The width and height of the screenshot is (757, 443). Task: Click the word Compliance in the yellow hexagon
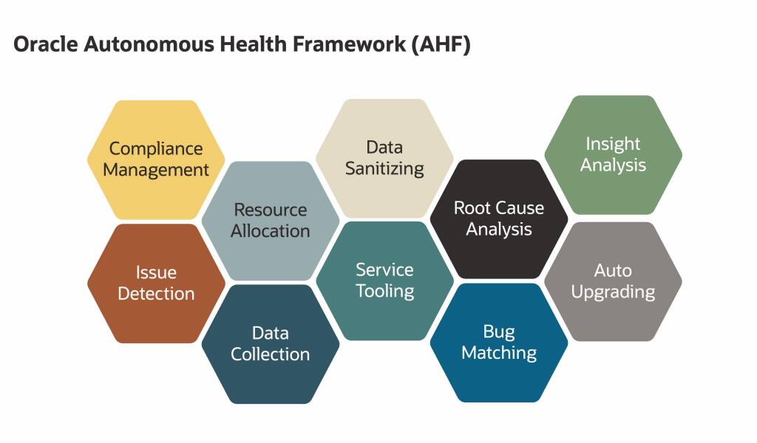[x=156, y=148]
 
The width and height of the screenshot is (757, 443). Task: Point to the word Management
[x=156, y=169]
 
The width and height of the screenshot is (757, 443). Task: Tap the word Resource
[x=271, y=210]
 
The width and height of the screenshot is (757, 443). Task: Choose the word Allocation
[x=271, y=230]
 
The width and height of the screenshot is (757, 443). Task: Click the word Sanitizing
[x=384, y=168]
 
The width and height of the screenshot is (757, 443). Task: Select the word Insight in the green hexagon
[x=613, y=144]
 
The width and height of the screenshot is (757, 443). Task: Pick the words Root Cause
[x=499, y=207]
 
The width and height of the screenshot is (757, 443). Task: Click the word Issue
[x=156, y=272]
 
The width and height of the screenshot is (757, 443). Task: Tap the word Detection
[x=156, y=293]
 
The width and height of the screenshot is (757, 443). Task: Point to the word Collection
[x=271, y=354]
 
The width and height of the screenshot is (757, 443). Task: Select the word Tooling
[x=384, y=290]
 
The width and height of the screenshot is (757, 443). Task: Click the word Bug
[x=499, y=332]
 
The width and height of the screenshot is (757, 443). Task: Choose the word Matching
[x=499, y=352]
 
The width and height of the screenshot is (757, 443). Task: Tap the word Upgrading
[x=613, y=292]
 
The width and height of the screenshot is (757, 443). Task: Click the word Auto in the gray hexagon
[x=613, y=270]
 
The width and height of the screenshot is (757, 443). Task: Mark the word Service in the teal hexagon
[x=384, y=269]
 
